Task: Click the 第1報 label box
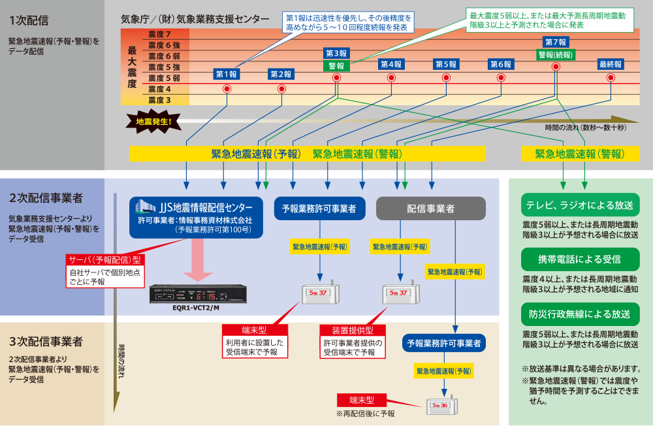click(227, 74)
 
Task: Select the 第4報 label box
click(391, 64)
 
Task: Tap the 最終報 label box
click(611, 64)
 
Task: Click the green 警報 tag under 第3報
click(336, 65)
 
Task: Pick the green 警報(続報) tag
click(556, 55)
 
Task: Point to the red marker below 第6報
click(501, 77)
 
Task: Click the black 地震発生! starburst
click(153, 121)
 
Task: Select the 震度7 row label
click(159, 34)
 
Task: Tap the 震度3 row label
click(159, 100)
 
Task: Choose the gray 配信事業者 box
click(431, 208)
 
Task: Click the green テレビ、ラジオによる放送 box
click(580, 205)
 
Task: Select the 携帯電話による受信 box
click(580, 259)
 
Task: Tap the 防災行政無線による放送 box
click(580, 314)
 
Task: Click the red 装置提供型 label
click(353, 330)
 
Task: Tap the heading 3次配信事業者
click(46, 341)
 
